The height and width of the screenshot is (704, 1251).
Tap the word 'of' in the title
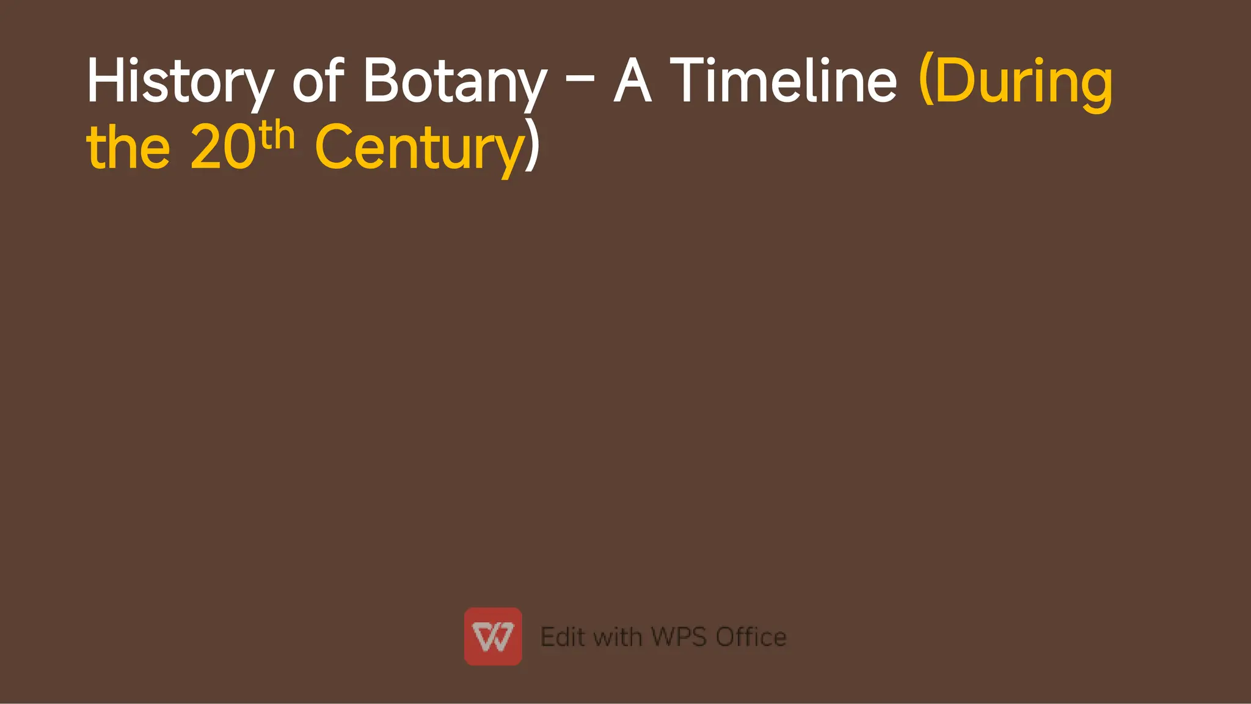318,80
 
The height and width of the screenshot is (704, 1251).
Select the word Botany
454,81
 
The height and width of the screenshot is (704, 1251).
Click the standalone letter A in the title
632,80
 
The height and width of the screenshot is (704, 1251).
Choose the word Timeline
784,80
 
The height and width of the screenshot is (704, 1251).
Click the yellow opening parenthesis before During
926,80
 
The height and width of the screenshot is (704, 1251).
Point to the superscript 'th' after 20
277,136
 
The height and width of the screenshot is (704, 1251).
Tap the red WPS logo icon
493,636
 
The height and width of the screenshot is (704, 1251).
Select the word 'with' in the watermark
617,637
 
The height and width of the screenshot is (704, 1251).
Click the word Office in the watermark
751,637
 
